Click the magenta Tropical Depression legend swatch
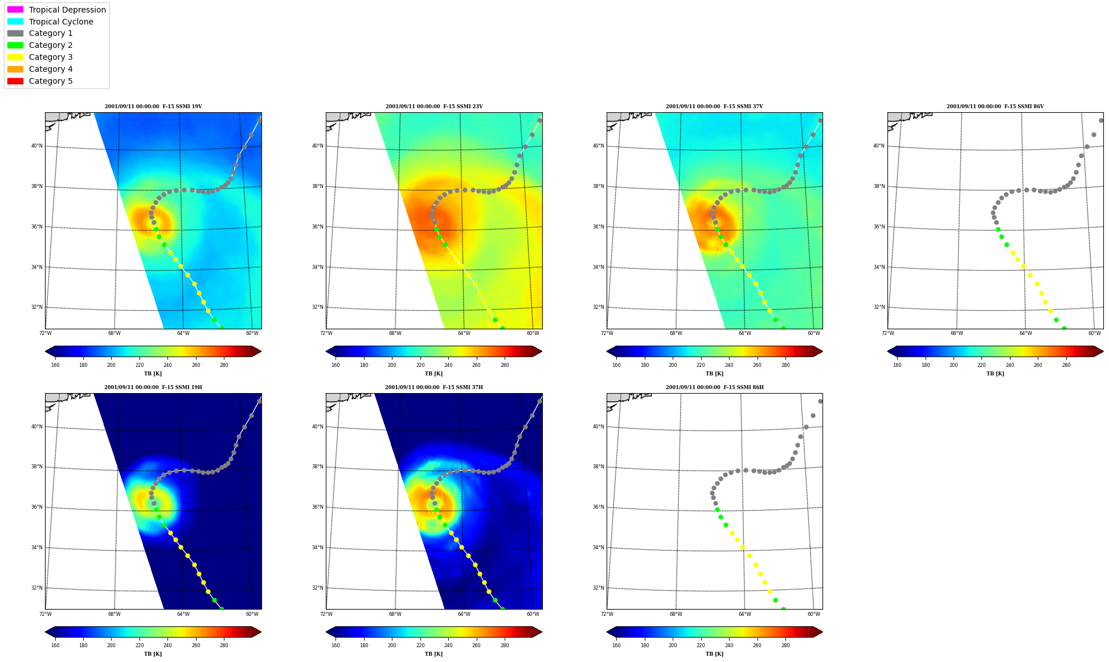point(15,10)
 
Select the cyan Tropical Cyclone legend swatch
point(15,22)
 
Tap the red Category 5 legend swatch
point(15,81)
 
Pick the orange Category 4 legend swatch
point(15,69)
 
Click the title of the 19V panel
point(153,107)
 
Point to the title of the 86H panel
point(715,387)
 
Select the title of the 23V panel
point(434,107)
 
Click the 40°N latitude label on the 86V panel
point(879,146)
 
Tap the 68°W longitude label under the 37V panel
point(676,333)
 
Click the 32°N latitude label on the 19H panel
point(36,588)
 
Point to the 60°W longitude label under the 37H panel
point(533,614)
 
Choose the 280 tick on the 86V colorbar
point(1066,365)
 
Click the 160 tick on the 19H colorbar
point(55,645)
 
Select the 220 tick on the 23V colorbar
point(420,365)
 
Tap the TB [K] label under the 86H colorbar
point(715,654)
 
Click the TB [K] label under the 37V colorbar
point(715,374)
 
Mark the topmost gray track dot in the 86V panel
point(1101,120)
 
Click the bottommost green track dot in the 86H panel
point(783,609)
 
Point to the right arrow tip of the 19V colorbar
point(261,352)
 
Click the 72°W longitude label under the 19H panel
point(46,614)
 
